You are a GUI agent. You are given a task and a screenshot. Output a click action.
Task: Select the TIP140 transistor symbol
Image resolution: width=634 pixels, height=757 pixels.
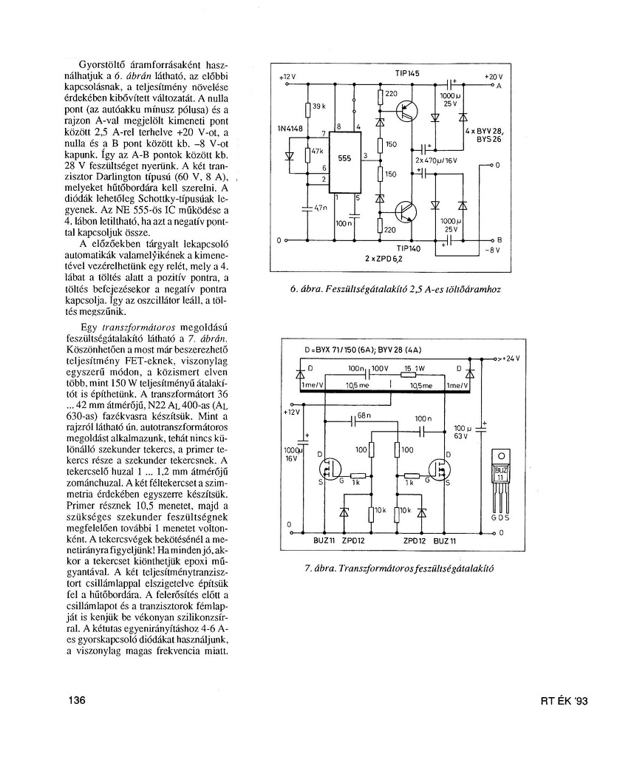(x=406, y=212)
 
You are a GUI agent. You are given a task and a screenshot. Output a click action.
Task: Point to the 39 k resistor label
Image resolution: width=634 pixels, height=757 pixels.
(x=318, y=106)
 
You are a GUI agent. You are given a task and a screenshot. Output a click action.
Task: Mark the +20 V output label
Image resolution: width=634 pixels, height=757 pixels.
(x=493, y=77)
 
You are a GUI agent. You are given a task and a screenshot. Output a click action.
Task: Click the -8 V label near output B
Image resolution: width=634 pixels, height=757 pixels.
(x=493, y=250)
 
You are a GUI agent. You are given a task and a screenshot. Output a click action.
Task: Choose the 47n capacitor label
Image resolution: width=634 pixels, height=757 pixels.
(x=319, y=208)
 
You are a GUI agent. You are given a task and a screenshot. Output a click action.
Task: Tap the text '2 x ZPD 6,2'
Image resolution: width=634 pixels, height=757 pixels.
(x=383, y=259)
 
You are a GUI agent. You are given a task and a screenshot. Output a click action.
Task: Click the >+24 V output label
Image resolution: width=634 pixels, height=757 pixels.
(x=508, y=359)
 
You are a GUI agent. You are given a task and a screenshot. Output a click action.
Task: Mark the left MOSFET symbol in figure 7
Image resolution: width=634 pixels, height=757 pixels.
(x=327, y=469)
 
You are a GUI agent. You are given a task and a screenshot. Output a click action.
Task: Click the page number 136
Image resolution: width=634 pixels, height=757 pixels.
(x=78, y=701)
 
